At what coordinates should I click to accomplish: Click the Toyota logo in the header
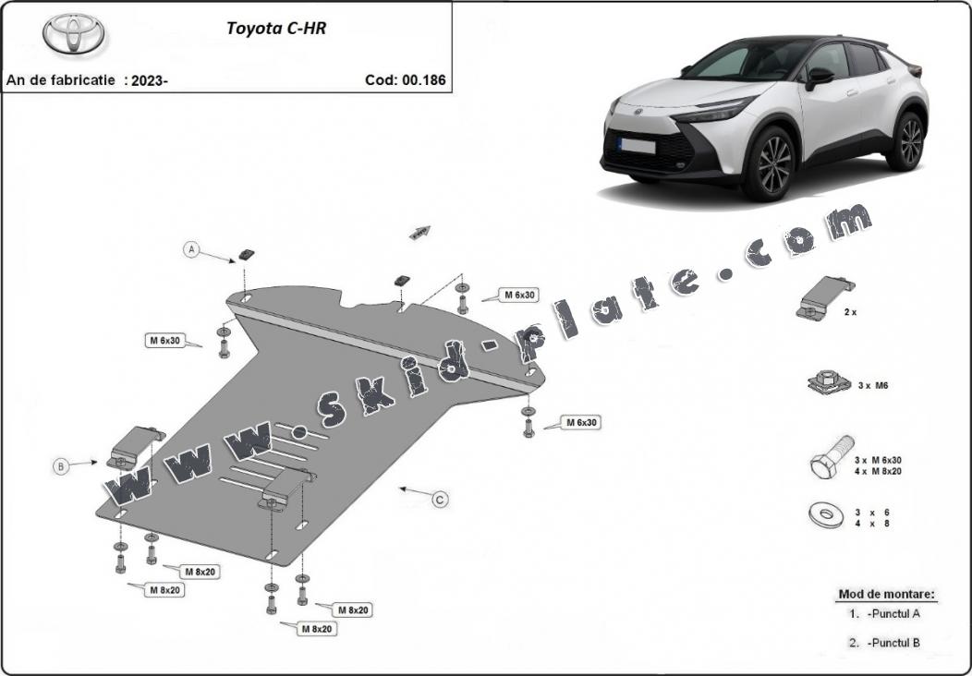[x=73, y=33]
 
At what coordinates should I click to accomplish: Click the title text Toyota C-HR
[x=276, y=29]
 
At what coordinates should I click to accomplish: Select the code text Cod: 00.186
[x=406, y=80]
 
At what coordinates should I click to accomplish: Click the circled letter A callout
[x=191, y=249]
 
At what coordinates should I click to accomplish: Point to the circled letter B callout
[x=61, y=466]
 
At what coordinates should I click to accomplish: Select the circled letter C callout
[x=440, y=500]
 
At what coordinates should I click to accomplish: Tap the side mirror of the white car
[x=819, y=78]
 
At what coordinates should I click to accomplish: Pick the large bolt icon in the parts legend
[x=832, y=456]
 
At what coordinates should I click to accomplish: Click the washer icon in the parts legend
[x=826, y=515]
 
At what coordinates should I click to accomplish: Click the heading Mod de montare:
[x=886, y=594]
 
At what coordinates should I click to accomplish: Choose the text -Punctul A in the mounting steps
[x=893, y=613]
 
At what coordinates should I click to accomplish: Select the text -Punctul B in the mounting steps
[x=893, y=643]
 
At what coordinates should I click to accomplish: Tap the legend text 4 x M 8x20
[x=878, y=472]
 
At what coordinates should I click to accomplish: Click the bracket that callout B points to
[x=136, y=447]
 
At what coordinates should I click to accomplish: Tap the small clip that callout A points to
[x=247, y=255]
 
